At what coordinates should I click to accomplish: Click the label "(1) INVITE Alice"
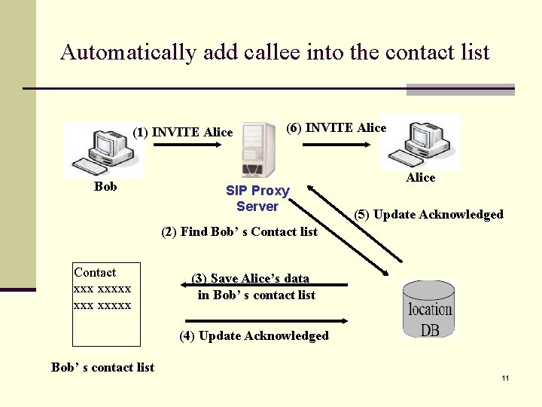click(x=183, y=133)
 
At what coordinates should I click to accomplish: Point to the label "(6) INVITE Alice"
click(x=336, y=127)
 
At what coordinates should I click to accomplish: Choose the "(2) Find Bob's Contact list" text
click(x=239, y=231)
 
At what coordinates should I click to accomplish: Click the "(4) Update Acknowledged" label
click(x=254, y=335)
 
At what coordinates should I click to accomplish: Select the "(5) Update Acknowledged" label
click(x=428, y=214)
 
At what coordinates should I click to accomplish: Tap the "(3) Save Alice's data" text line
click(x=250, y=279)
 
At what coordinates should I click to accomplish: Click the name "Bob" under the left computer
click(x=105, y=186)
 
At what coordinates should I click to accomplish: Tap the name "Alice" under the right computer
click(x=420, y=177)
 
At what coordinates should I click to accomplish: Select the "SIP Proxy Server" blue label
click(x=257, y=198)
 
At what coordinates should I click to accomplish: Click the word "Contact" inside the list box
click(x=95, y=272)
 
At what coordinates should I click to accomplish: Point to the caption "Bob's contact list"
click(x=102, y=367)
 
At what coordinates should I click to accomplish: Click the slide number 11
click(x=505, y=377)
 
